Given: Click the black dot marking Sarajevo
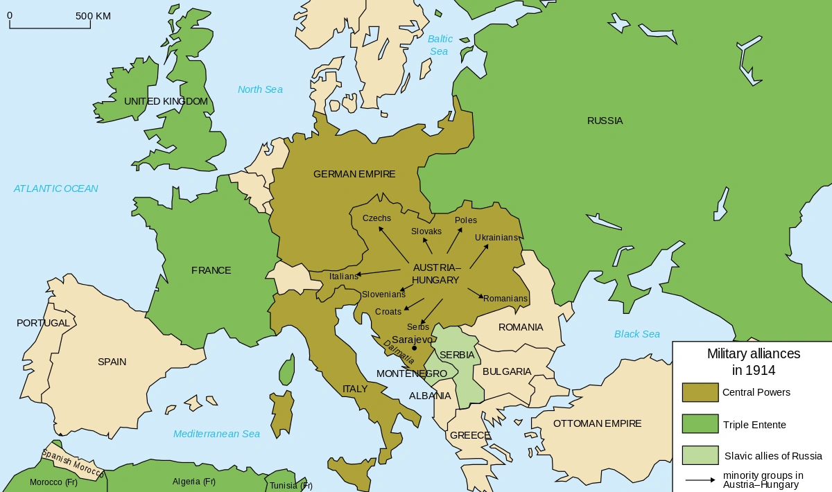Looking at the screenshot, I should (414, 348).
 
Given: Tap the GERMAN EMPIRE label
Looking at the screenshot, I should (354, 174).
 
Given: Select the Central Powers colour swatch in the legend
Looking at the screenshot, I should (700, 392).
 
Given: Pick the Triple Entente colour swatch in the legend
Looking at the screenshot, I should (700, 424).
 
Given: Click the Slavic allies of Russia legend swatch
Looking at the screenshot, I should (700, 455).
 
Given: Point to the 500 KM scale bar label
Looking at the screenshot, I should (93, 16).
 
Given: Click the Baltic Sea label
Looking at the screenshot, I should (440, 45).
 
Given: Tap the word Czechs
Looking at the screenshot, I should (376, 218).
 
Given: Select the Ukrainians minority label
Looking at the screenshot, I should (496, 238).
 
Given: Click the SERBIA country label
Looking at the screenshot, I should (457, 355).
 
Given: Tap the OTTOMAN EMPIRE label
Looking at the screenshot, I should (597, 423).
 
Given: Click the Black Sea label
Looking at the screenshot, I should (636, 334).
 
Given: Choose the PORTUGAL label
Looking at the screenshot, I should (43, 323).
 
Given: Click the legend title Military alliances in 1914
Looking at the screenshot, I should (753, 362).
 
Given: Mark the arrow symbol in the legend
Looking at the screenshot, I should (700, 480).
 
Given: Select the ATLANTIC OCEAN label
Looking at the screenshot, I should (56, 188).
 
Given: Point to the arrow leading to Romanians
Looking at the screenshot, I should (476, 293).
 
